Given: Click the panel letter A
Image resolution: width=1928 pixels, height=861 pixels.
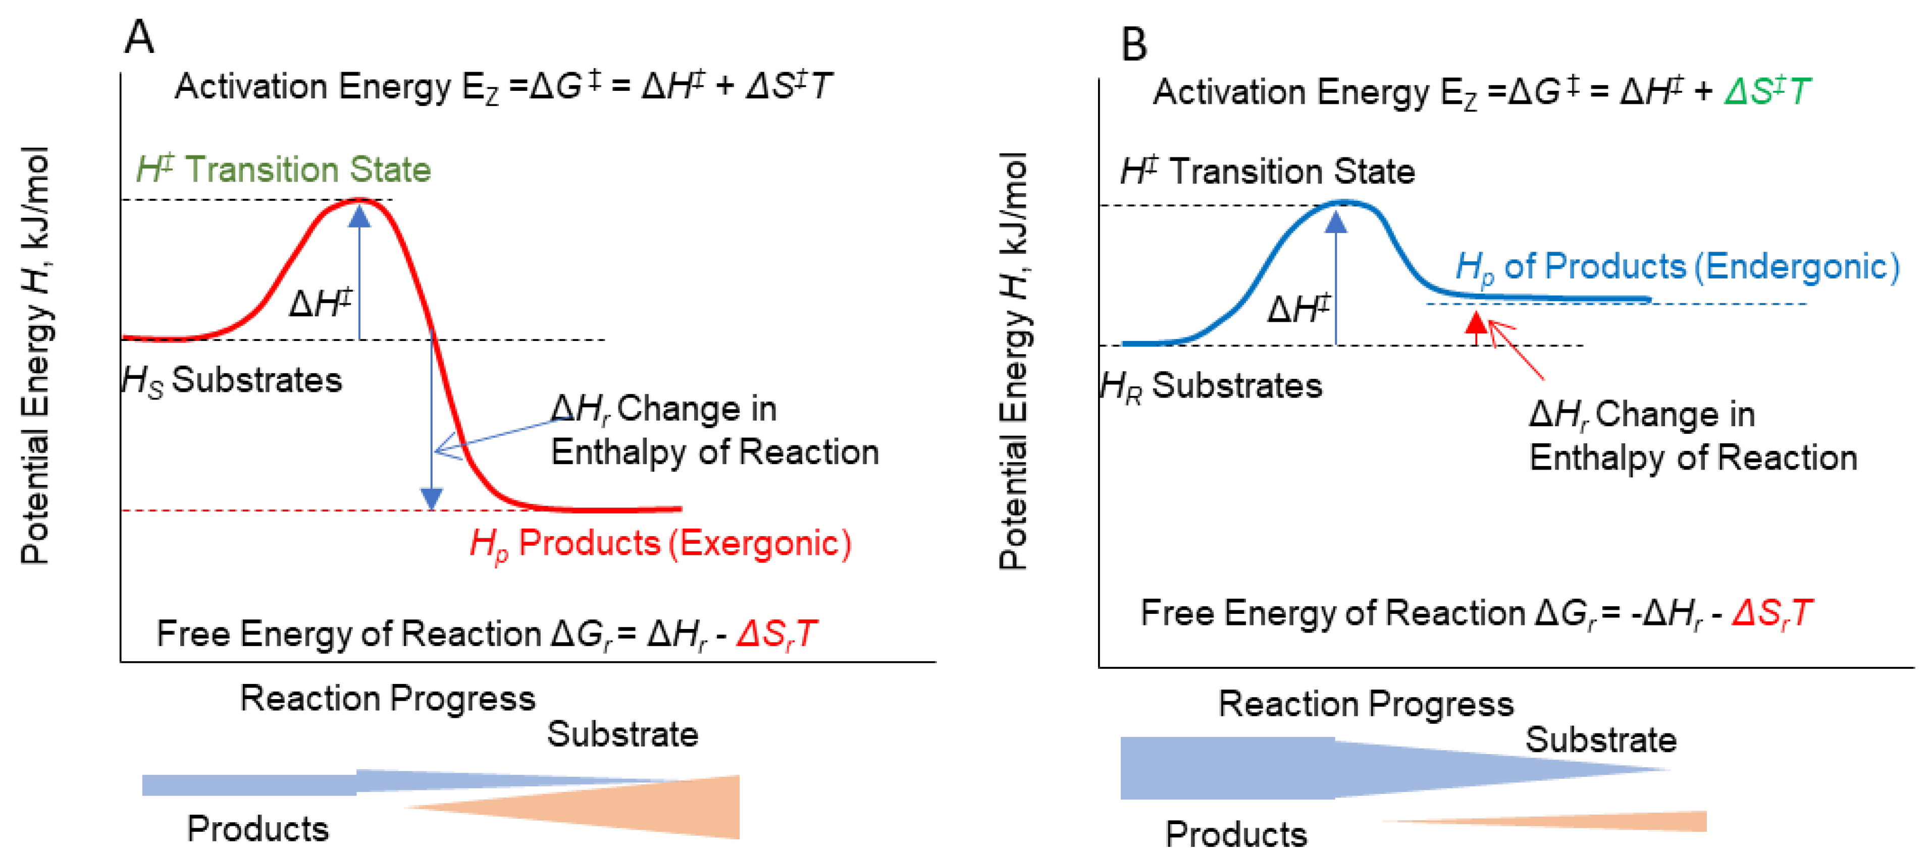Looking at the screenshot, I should point(139,37).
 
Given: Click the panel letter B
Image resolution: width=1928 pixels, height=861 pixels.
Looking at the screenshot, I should point(1133,44).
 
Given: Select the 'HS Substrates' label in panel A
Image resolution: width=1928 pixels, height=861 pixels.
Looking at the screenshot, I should point(232,380).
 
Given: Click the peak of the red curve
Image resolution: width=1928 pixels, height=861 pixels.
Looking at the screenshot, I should point(360,200).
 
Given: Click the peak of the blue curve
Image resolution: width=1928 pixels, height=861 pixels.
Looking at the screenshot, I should point(1343,203).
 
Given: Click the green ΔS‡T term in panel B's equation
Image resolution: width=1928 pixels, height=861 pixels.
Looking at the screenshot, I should point(1766,92).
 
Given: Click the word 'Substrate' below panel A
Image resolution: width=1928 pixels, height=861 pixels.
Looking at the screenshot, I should point(622,734).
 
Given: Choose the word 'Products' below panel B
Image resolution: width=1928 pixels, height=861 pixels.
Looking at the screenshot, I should point(1236,834).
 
